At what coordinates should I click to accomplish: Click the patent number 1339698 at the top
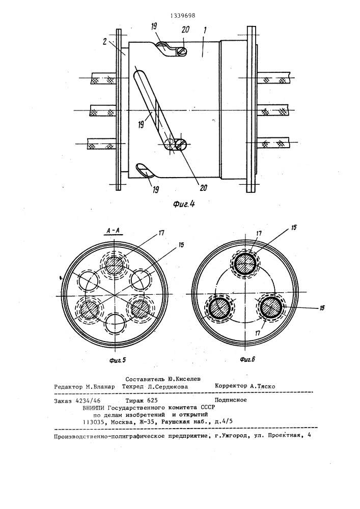coord(183,15)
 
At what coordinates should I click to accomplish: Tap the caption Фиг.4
coord(184,204)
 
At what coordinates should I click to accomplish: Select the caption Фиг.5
coord(117,360)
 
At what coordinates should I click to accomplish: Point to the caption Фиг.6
coord(247,359)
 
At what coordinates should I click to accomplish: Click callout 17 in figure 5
coord(161,233)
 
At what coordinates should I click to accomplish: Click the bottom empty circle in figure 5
coord(116,324)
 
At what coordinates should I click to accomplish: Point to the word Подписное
coord(231,400)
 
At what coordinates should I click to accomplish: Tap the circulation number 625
coord(152,400)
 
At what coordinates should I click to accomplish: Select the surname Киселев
coord(188,379)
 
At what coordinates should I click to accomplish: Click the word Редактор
coord(68,387)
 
